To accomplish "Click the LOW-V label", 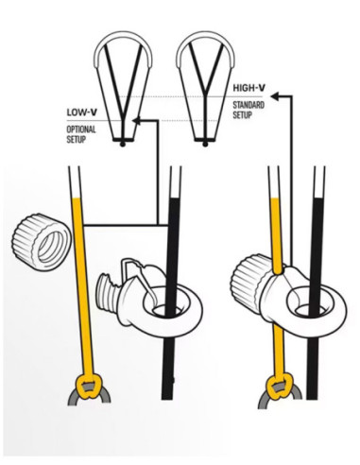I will (x=82, y=111).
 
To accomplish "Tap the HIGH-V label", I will (x=249, y=90).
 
